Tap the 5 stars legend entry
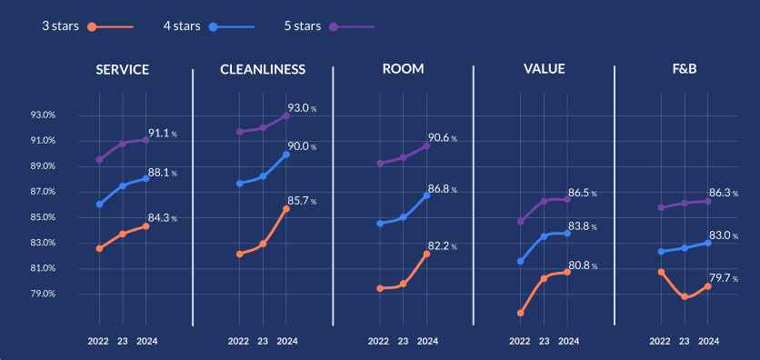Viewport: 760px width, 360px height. pyautogui.click(x=302, y=25)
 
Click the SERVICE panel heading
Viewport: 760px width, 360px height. pyautogui.click(x=123, y=69)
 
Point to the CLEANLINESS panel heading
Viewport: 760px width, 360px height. pyautogui.click(x=263, y=69)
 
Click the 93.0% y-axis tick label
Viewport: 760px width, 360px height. pyautogui.click(x=44, y=115)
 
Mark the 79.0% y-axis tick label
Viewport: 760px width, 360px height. pyautogui.click(x=44, y=295)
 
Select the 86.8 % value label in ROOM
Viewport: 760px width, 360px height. pyautogui.click(x=444, y=189)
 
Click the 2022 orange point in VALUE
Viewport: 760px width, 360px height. pyautogui.click(x=520, y=313)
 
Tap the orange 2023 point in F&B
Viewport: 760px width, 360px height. pyautogui.click(x=685, y=296)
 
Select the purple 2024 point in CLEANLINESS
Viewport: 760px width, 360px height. pyautogui.click(x=286, y=115)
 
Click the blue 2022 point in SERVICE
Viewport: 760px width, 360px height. pyautogui.click(x=99, y=205)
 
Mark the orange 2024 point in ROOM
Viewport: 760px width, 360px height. pyautogui.click(x=426, y=254)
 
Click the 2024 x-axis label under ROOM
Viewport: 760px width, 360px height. pyautogui.click(x=427, y=342)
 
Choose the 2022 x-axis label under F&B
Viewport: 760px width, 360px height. pyautogui.click(x=660, y=342)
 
